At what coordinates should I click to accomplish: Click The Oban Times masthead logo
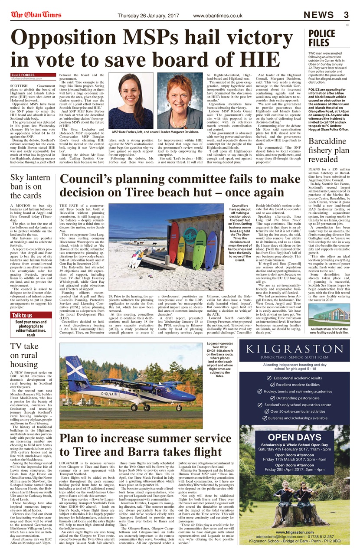point(36,15)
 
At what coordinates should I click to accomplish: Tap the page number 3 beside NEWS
point(346,15)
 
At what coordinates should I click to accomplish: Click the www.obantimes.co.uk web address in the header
point(217,16)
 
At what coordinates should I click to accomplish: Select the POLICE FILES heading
point(321,38)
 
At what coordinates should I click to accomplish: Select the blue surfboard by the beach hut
point(211,251)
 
